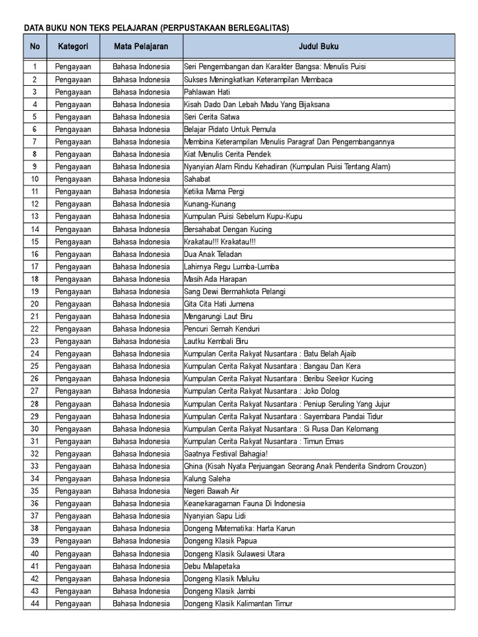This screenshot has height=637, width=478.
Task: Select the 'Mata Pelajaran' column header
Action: pyautogui.click(x=141, y=47)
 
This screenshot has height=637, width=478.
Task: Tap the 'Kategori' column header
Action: pyautogui.click(x=73, y=47)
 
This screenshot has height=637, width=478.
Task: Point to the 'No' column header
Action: pyautogui.click(x=35, y=47)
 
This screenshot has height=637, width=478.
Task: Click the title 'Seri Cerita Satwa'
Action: pyautogui.click(x=212, y=117)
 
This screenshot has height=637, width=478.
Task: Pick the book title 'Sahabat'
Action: pyautogui.click(x=197, y=179)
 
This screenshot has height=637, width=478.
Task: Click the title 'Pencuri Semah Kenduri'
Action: pyautogui.click(x=222, y=328)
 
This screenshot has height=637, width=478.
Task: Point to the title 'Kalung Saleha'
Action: pyautogui.click(x=207, y=478)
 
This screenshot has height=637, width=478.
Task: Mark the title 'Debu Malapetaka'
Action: pyautogui.click(x=212, y=566)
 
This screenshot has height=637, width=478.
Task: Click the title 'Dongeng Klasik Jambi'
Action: pyautogui.click(x=220, y=591)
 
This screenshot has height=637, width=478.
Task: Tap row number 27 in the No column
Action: pyautogui.click(x=35, y=391)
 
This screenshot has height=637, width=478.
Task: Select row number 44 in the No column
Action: pyautogui.click(x=35, y=603)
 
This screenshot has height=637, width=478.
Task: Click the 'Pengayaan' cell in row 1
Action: pyautogui.click(x=73, y=67)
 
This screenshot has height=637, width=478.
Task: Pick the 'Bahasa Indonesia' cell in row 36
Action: pyautogui.click(x=141, y=503)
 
